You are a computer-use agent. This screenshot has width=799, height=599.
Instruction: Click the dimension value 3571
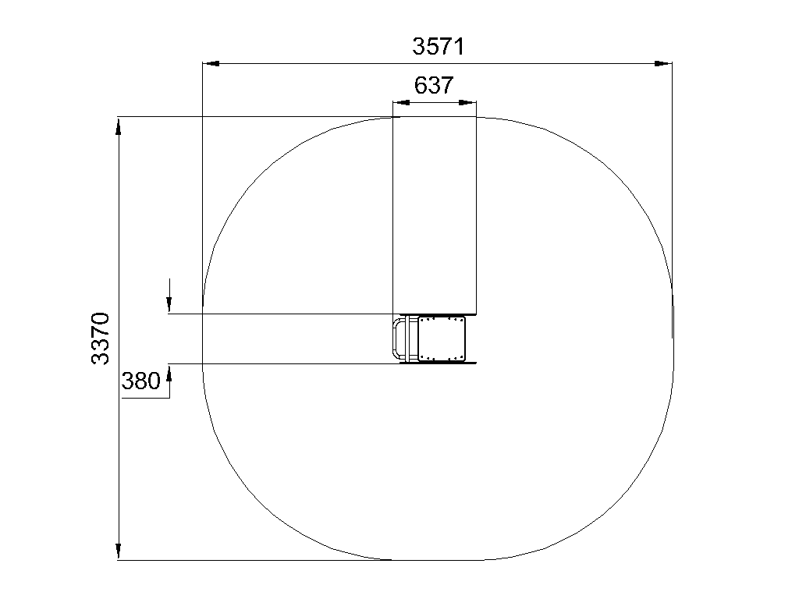click(x=439, y=46)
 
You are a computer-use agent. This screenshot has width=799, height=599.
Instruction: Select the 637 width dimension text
click(x=434, y=85)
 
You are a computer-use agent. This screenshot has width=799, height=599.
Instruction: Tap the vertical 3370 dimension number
click(x=101, y=338)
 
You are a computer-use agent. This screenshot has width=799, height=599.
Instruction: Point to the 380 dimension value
click(x=140, y=381)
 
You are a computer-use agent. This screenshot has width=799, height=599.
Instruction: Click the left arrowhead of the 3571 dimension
click(x=211, y=64)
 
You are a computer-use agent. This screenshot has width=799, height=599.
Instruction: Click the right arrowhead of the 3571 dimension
click(x=663, y=64)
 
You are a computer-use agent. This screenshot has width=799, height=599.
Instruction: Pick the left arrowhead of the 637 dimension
click(x=401, y=102)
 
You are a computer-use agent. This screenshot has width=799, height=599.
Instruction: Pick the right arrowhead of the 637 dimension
click(x=468, y=102)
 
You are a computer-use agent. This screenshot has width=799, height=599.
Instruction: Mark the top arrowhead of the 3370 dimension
click(x=119, y=126)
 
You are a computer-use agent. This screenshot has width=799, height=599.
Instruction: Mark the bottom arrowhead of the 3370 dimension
click(x=119, y=551)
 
